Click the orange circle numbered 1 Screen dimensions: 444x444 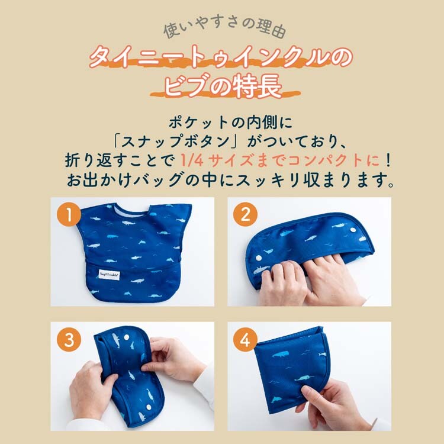[69, 214]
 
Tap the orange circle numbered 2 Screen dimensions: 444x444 [246, 214]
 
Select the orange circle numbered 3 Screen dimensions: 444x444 [69, 340]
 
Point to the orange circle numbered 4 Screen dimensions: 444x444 [246, 340]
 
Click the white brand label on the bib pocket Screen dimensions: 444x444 [110, 274]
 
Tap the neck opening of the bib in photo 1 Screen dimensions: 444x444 [132, 210]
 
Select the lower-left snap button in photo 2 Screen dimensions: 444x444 [259, 258]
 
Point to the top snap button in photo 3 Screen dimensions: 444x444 [127, 337]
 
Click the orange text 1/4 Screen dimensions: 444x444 [192, 160]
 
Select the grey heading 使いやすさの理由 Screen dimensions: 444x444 [225, 28]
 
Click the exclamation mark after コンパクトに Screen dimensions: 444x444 [388, 160]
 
